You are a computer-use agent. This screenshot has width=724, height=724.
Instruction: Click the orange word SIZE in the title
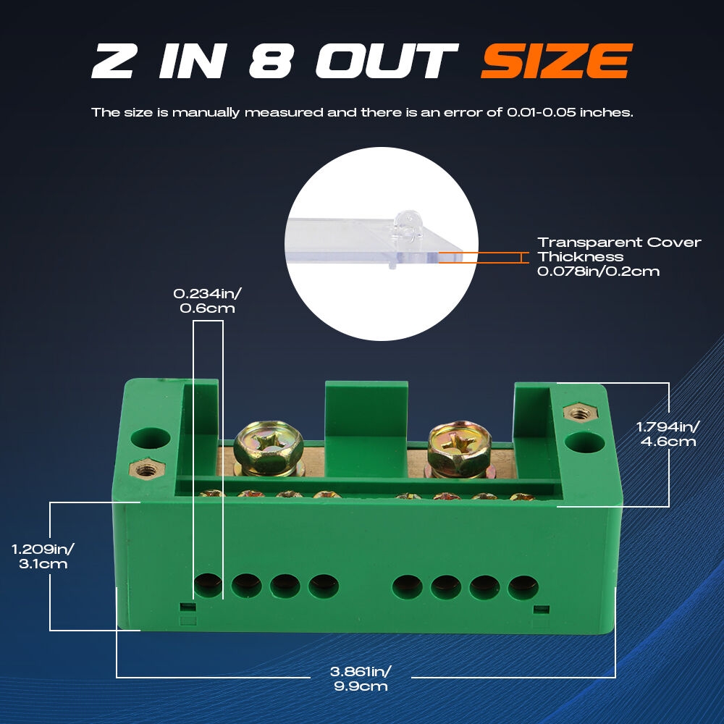pyautogui.click(x=556, y=61)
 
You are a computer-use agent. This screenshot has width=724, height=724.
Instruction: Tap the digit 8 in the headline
pyautogui.click(x=271, y=61)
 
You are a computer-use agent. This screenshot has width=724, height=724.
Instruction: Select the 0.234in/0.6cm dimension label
pyautogui.click(x=207, y=301)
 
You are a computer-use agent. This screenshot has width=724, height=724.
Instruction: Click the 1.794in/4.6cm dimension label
pyautogui.click(x=668, y=434)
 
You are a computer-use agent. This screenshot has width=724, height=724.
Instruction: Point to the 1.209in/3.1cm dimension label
pyautogui.click(x=43, y=556)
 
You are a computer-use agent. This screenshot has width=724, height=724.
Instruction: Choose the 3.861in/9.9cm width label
pyautogui.click(x=361, y=678)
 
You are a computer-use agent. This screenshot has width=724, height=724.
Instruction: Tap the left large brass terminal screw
pyautogui.click(x=269, y=448)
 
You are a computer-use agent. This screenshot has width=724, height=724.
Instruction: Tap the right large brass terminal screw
pyautogui.click(x=460, y=449)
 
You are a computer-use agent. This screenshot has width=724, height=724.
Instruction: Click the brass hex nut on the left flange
pyautogui.click(x=147, y=469)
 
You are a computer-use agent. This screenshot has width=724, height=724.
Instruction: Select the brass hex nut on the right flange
pyautogui.click(x=581, y=413)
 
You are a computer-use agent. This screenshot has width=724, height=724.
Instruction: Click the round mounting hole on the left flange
pyautogui.click(x=151, y=438)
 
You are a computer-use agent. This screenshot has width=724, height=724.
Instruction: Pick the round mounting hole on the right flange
pyautogui.click(x=584, y=443)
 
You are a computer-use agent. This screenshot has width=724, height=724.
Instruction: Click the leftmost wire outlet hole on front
pyautogui.click(x=208, y=586)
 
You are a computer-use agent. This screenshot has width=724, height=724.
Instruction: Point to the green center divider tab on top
pyautogui.click(x=366, y=429)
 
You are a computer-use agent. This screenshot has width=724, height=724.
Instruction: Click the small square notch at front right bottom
pyautogui.click(x=541, y=610)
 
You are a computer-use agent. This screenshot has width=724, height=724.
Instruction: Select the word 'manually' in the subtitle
pyautogui.click(x=206, y=113)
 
